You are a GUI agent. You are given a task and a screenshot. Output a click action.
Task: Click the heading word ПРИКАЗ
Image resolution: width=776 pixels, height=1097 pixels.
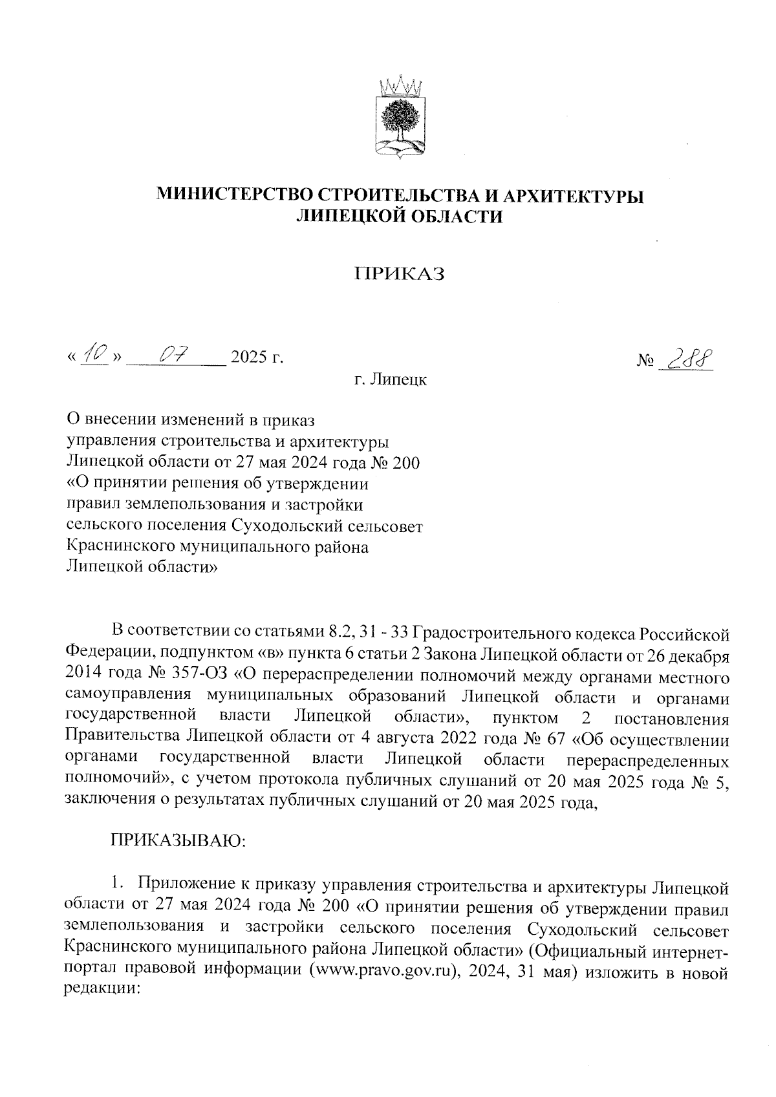[400, 274]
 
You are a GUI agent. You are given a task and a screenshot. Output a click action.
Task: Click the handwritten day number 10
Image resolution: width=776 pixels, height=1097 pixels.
[94, 354]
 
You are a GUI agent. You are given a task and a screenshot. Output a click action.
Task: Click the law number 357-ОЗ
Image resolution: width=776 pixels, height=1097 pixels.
[197, 677]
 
